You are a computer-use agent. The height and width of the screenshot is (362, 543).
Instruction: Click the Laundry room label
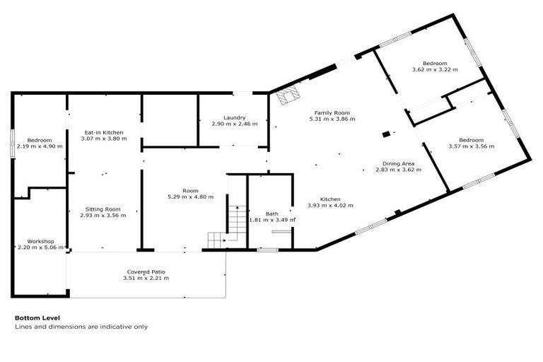233,117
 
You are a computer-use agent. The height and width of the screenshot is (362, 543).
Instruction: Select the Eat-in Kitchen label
104,132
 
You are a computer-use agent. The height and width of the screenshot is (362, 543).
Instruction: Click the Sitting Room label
103,209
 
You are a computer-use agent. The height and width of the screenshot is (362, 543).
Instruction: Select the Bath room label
272,214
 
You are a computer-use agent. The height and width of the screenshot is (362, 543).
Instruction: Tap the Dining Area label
398,163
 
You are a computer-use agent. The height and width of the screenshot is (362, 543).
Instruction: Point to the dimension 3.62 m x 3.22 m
435,70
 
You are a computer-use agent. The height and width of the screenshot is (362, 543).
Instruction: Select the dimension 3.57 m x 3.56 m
471,146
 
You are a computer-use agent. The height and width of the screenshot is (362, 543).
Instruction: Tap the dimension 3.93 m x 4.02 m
329,206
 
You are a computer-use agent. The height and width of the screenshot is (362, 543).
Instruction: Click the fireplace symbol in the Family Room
288,96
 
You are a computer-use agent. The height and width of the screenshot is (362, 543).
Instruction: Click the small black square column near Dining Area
385,133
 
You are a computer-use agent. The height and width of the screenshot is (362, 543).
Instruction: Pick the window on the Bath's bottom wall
267,249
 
